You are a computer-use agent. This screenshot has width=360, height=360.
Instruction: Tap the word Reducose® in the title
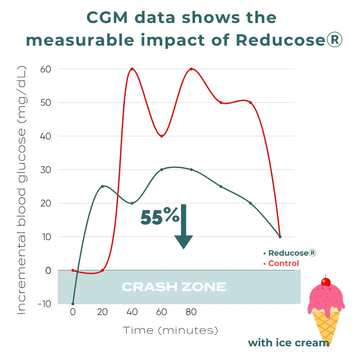click(x=289, y=40)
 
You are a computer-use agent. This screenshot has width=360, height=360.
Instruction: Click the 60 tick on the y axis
click(x=46, y=69)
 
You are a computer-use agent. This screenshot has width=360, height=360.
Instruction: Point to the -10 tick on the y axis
click(x=44, y=304)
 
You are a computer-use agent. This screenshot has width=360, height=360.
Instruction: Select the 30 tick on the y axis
click(x=46, y=170)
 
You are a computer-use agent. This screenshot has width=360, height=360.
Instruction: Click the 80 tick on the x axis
click(x=191, y=312)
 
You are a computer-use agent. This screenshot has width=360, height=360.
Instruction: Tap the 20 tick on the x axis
click(x=102, y=312)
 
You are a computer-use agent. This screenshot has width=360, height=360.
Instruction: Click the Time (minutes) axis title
click(x=171, y=330)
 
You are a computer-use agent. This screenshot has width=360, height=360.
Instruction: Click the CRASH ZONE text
click(x=174, y=287)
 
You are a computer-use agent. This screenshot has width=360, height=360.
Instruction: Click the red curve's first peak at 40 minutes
click(x=132, y=69)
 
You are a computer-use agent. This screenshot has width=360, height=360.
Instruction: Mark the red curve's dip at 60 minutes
click(x=162, y=136)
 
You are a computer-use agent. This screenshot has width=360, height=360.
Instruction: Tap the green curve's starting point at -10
click(x=73, y=304)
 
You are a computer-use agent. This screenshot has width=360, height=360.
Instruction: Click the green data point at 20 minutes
click(x=102, y=186)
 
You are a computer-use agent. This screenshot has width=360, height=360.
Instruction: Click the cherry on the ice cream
click(x=326, y=282)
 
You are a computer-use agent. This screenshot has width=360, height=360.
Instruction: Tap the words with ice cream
click(x=289, y=343)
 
